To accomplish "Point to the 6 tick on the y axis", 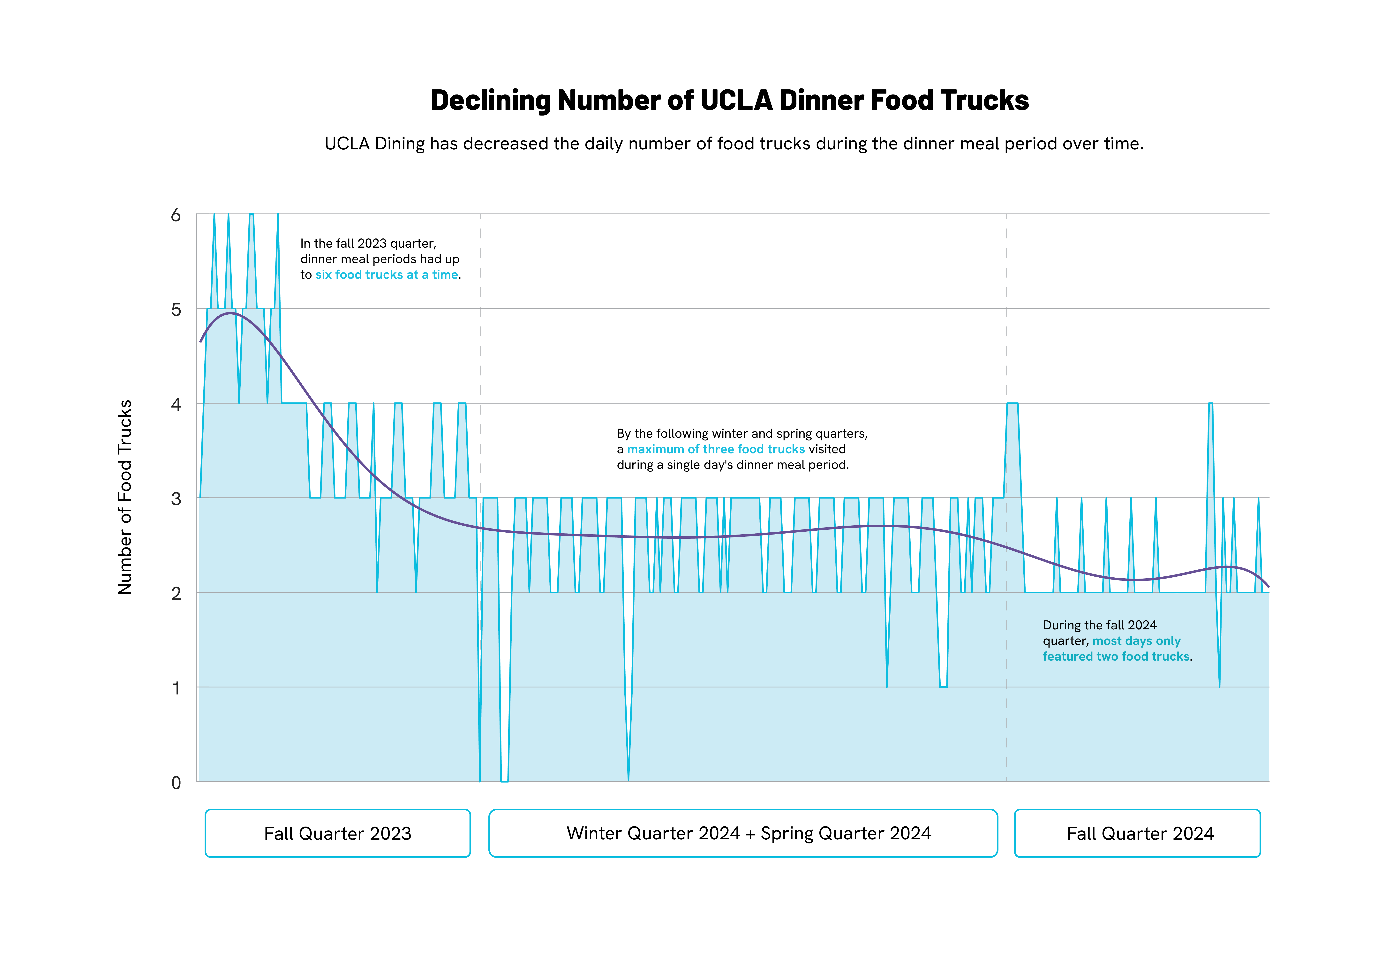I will pos(176,215).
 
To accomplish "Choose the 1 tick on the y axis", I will pos(176,688).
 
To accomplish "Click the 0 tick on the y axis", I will pos(176,783).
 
